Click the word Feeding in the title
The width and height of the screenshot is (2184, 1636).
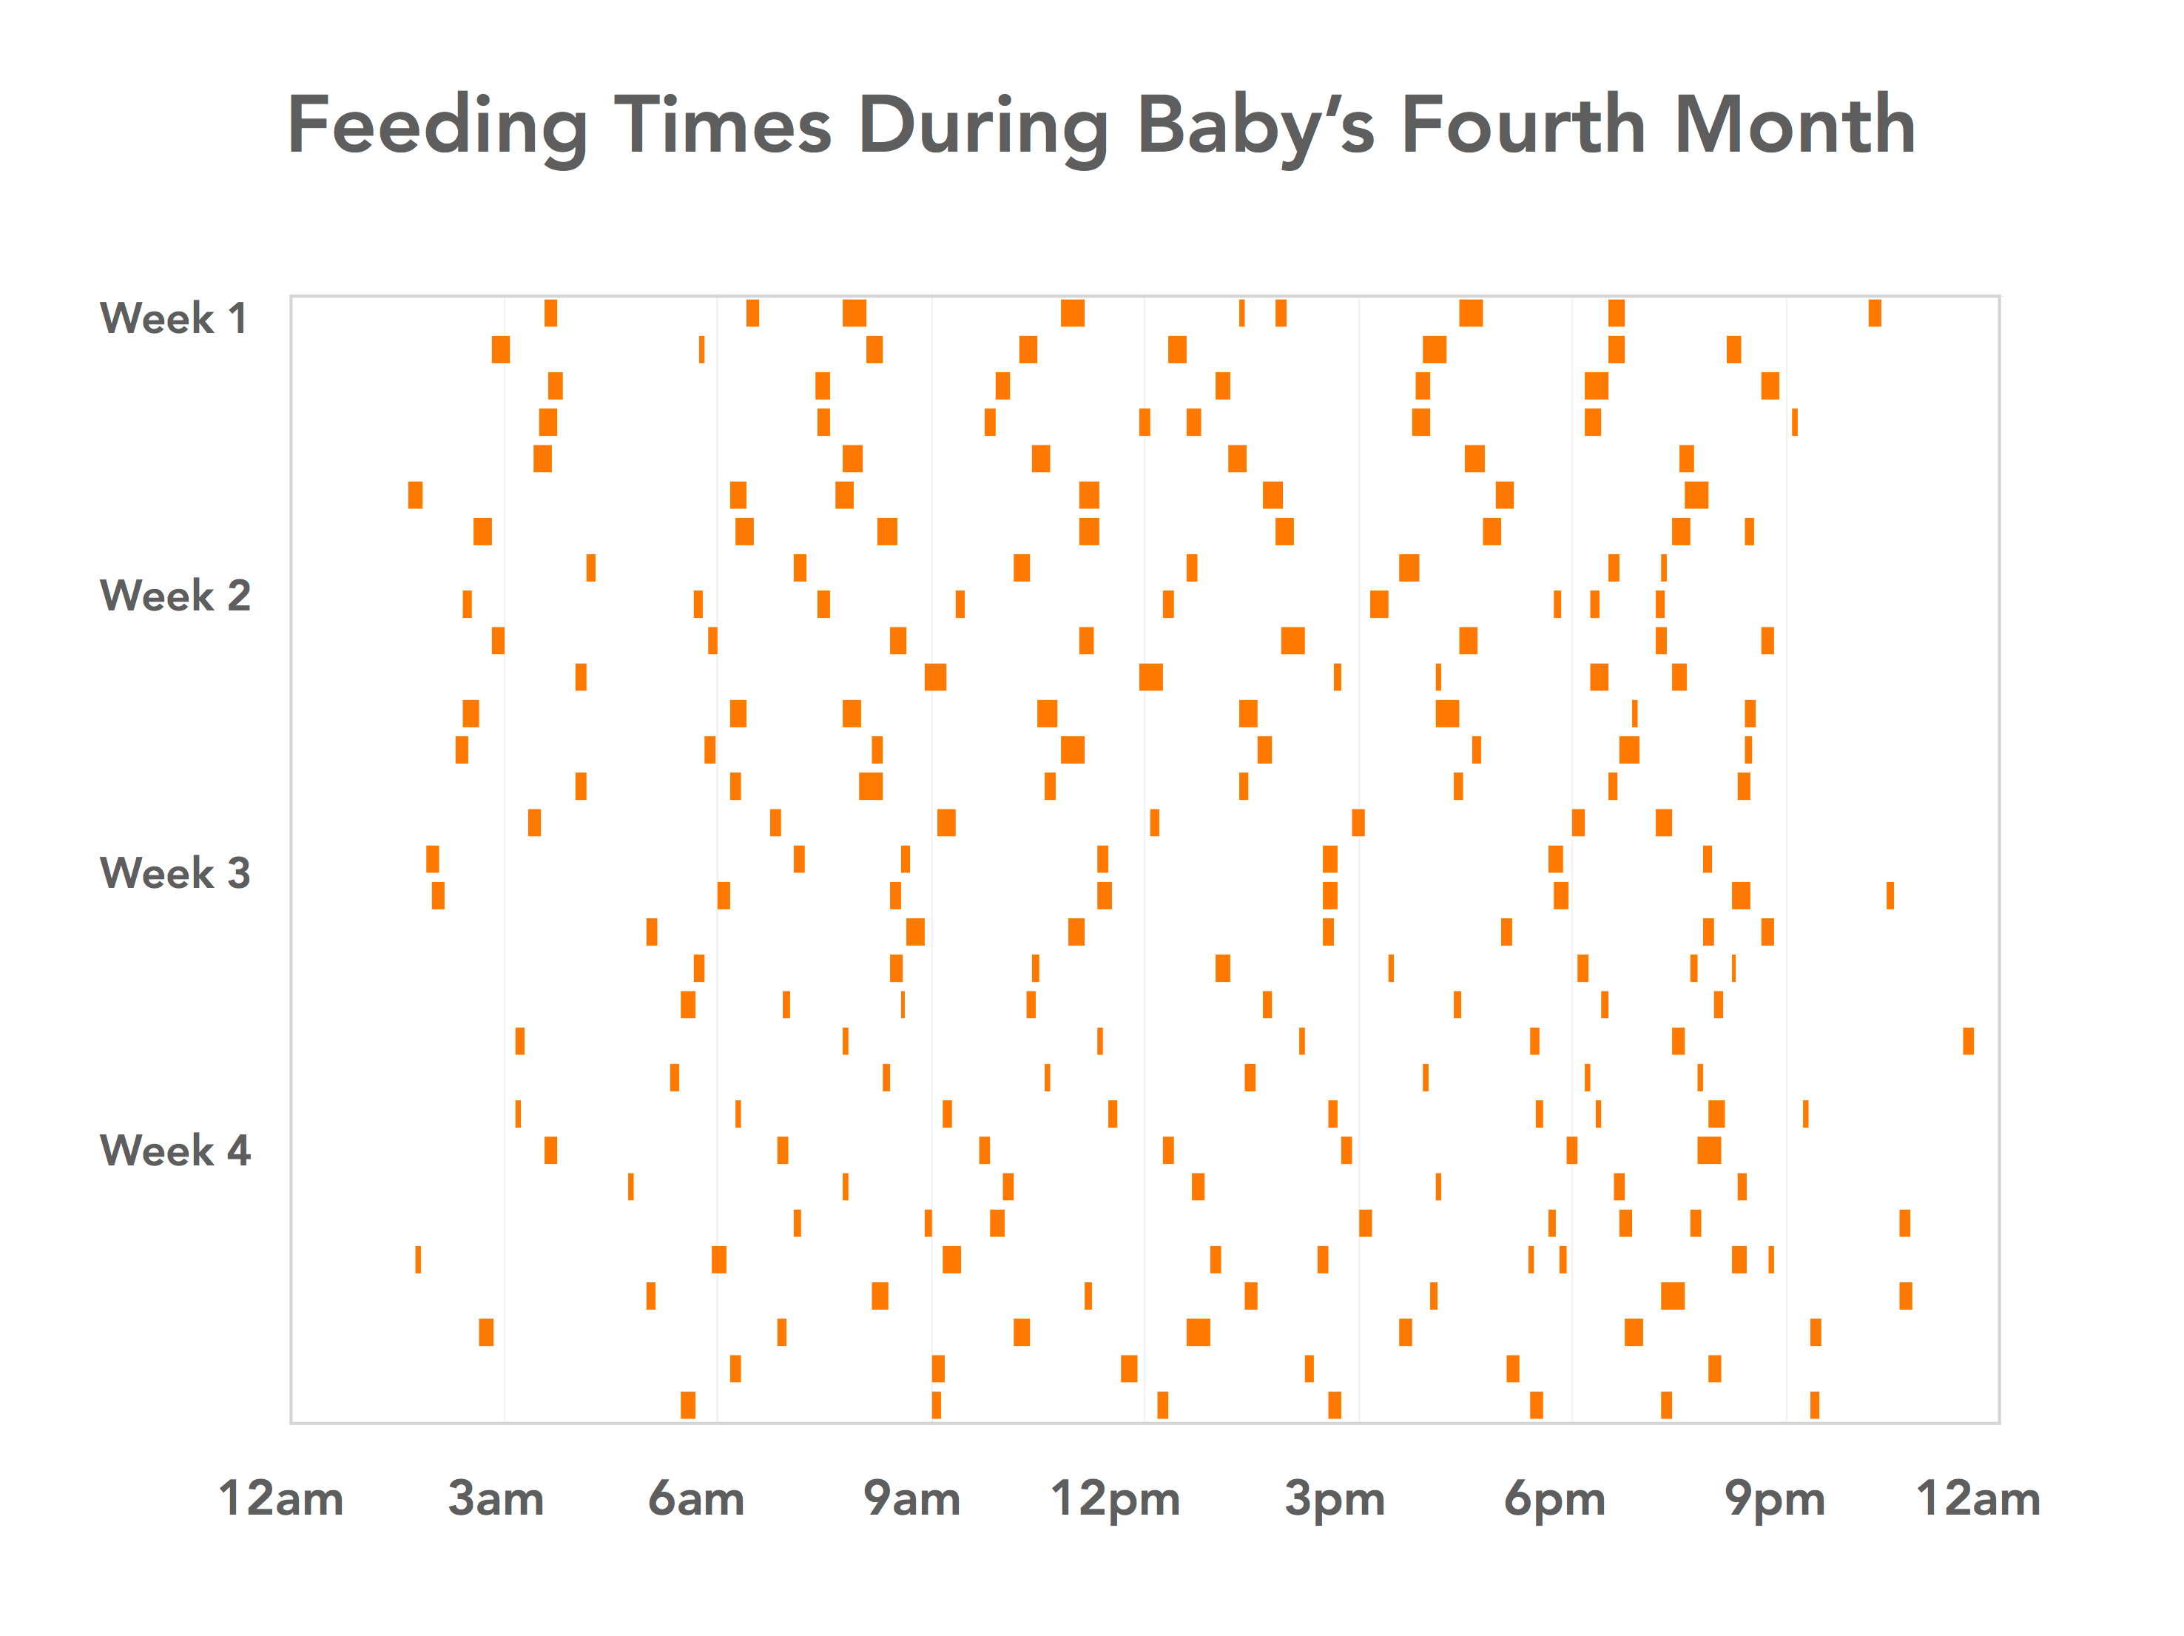pyautogui.click(x=437, y=127)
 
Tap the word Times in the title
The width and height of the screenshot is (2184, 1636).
pyautogui.click(x=723, y=127)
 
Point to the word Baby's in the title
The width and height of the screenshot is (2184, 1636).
pyautogui.click(x=1256, y=127)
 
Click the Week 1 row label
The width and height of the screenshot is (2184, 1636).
pyautogui.click(x=174, y=318)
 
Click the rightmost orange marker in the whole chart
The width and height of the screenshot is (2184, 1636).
pyautogui.click(x=1968, y=1040)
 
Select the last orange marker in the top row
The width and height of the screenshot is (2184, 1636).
pyautogui.click(x=1874, y=313)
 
